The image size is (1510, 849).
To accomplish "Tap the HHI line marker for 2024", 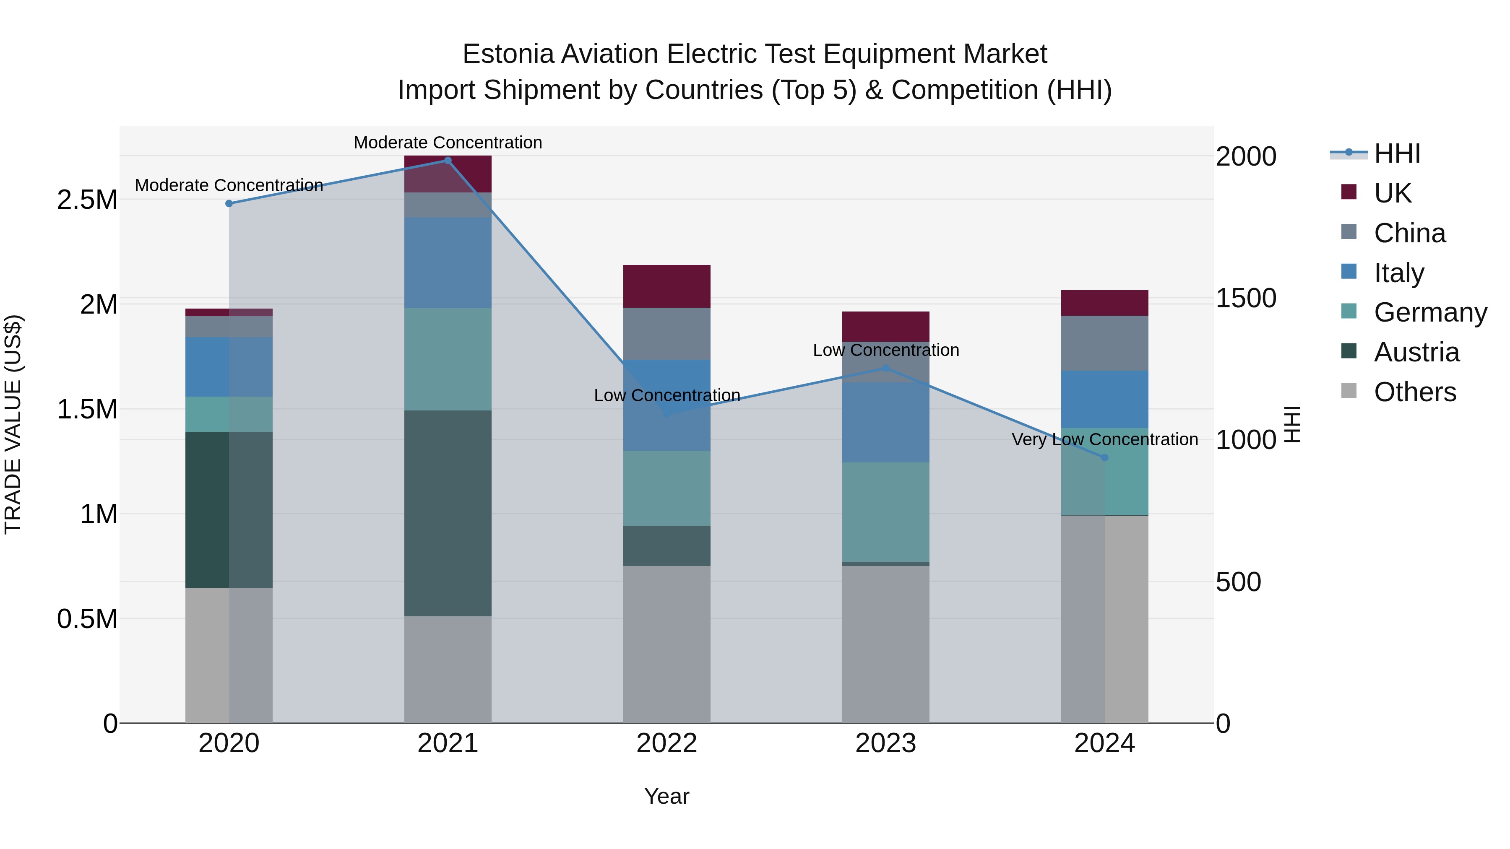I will pyautogui.click(x=1104, y=457).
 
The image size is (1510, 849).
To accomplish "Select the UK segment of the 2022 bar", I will pyautogui.click(x=666, y=286).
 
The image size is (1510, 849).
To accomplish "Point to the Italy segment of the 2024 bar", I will pyautogui.click(x=1104, y=399).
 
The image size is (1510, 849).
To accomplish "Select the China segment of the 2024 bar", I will pyautogui.click(x=1104, y=343).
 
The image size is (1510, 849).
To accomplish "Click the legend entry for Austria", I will pyautogui.click(x=1416, y=352).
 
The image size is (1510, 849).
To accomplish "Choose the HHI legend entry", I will pyautogui.click(x=1396, y=153).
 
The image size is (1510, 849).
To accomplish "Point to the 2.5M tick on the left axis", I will pyautogui.click(x=87, y=200).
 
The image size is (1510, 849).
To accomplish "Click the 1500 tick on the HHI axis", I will pyautogui.click(x=1246, y=298).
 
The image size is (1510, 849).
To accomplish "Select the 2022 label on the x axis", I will pyautogui.click(x=666, y=743).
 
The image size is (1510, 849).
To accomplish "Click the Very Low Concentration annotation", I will pyautogui.click(x=1104, y=439).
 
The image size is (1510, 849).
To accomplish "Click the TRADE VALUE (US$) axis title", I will pyautogui.click(x=13, y=424).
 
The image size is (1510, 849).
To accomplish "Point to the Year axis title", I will pyautogui.click(x=666, y=796).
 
